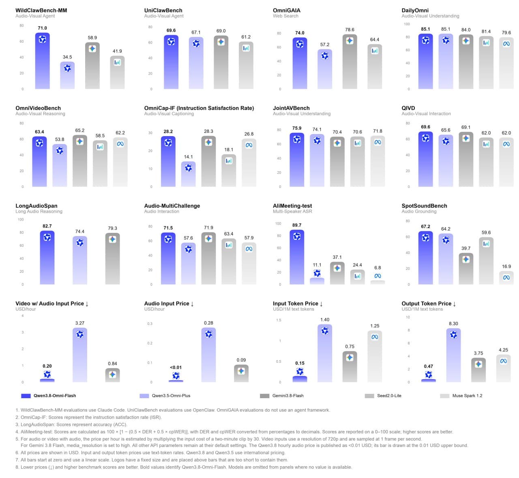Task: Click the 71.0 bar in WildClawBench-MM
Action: point(42,61)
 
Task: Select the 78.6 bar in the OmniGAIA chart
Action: point(350,62)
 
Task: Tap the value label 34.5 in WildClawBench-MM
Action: point(67,57)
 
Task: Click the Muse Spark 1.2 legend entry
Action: point(461,395)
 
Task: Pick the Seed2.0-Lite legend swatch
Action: point(369,396)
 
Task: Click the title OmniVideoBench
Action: point(38,108)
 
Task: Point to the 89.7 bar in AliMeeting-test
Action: point(297,257)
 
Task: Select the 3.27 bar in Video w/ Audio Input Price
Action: point(80,355)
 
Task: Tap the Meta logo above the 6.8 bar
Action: point(377,276)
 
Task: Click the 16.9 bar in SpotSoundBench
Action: point(506,277)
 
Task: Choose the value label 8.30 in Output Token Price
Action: point(453,323)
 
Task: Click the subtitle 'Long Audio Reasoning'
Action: point(39,211)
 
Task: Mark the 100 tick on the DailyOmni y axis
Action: point(407,24)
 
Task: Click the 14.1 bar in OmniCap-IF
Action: point(188,174)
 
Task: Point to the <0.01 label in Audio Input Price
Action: point(176,367)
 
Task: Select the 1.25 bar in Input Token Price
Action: point(375,356)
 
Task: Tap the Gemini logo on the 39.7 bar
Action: point(466,259)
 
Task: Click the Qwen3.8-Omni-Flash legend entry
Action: point(49,395)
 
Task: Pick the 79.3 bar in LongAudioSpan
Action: point(112,258)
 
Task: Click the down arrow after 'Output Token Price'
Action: point(455,304)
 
